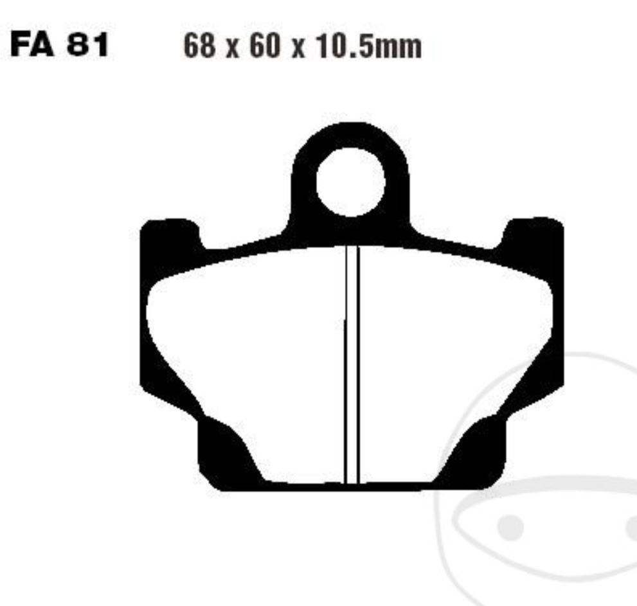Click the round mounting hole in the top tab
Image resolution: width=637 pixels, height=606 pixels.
point(350,181)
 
